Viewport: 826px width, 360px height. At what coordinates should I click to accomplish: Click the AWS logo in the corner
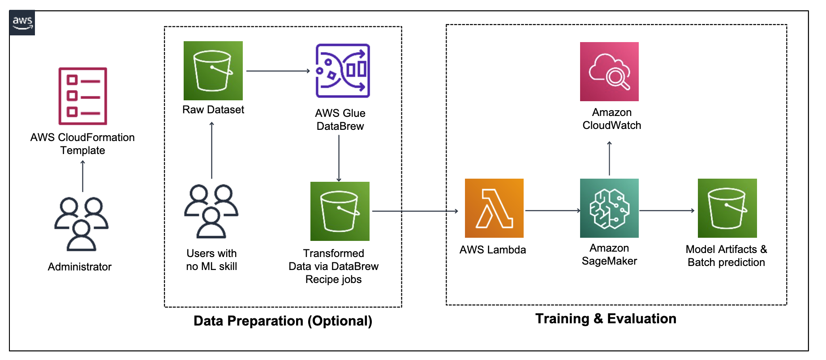(x=22, y=22)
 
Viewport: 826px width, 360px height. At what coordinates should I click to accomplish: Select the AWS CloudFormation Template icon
(x=83, y=96)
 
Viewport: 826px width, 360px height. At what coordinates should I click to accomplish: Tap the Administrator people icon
(x=82, y=224)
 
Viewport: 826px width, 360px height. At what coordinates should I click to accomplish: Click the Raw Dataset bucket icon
(x=213, y=71)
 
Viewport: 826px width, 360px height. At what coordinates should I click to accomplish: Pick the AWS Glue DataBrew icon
(x=343, y=71)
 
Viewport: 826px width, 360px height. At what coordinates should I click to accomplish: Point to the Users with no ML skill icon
(x=211, y=211)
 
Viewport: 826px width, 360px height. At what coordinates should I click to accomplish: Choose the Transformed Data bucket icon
(x=340, y=211)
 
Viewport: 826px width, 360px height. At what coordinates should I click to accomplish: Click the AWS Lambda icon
(x=494, y=208)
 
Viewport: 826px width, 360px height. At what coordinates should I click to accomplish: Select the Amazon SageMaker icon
(x=609, y=208)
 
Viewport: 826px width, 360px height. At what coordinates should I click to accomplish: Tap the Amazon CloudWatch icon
(x=609, y=72)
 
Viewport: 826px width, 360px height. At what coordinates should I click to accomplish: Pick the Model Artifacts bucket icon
(x=727, y=208)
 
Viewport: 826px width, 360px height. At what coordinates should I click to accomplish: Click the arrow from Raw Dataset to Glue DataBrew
(x=278, y=71)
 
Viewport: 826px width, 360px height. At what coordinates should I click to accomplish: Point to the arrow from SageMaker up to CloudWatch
(x=609, y=158)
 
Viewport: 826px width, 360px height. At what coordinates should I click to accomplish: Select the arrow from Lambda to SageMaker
(x=553, y=210)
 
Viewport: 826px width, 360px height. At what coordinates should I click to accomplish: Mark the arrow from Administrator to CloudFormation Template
(x=82, y=176)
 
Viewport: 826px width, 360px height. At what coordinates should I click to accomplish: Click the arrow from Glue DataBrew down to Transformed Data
(x=339, y=159)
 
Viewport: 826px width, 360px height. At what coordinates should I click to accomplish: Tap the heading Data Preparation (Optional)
(x=283, y=321)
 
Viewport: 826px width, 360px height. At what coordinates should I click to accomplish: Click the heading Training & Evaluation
(x=606, y=319)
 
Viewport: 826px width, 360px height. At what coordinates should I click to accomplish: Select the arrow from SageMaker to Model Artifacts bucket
(x=667, y=210)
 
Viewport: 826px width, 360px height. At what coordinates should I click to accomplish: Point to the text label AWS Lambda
(x=493, y=250)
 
